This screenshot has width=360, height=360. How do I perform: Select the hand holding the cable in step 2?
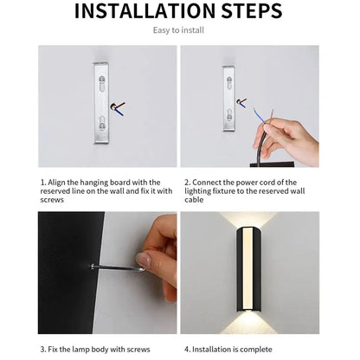point(290,138)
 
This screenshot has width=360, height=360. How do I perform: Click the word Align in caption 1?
point(60,183)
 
